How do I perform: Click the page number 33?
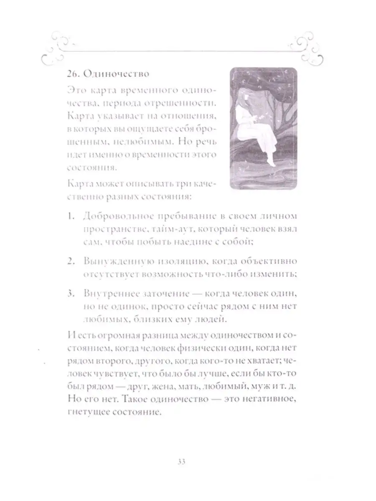pyautogui.click(x=182, y=462)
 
